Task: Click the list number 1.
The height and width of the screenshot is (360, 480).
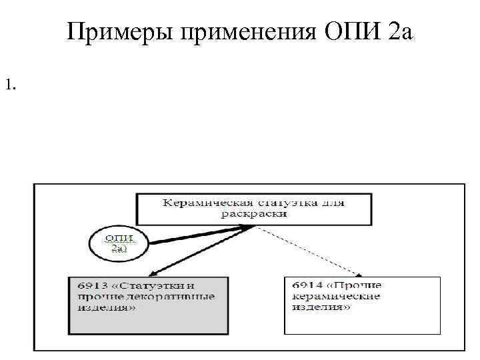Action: (9, 85)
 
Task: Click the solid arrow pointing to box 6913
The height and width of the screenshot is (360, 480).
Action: (200, 251)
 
